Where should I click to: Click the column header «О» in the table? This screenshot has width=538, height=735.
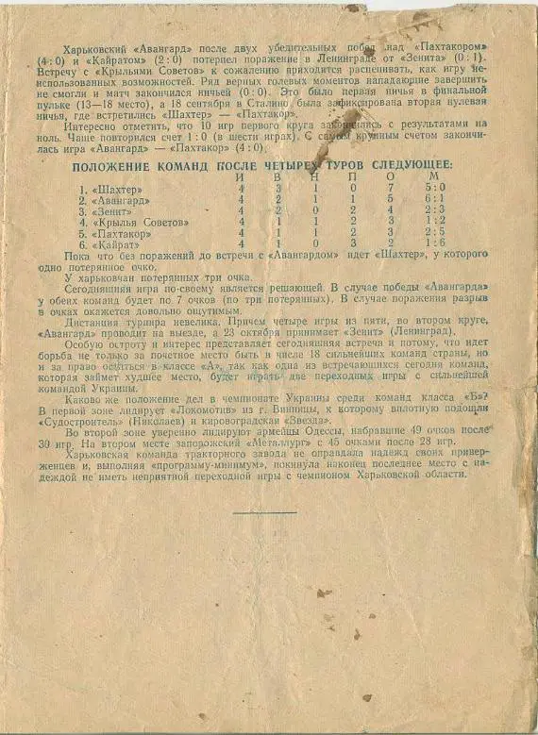[390, 177]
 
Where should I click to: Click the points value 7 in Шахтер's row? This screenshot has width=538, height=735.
[390, 189]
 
